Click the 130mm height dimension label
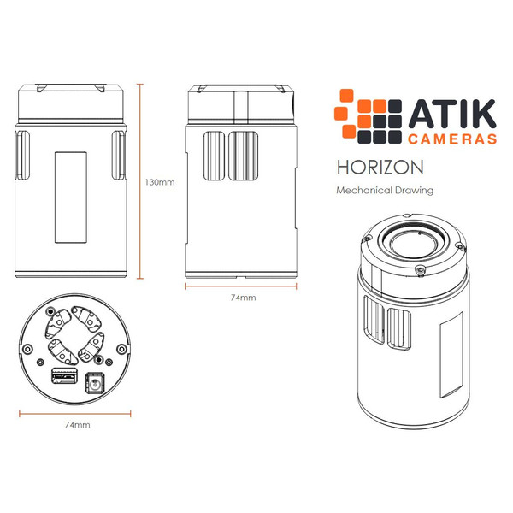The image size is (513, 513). pos(160,182)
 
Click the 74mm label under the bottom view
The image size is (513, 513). pos(77,424)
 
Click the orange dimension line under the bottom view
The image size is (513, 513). pos(77,413)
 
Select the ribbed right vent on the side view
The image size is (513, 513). pos(243,156)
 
